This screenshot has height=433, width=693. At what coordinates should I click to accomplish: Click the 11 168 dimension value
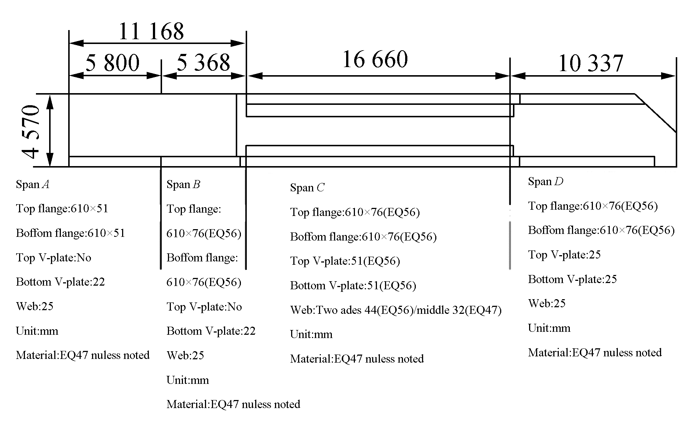point(151,32)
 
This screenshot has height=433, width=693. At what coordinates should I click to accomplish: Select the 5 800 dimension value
point(113,63)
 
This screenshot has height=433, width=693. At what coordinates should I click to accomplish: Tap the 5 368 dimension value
point(203,63)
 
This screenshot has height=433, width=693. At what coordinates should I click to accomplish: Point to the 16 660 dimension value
point(375,59)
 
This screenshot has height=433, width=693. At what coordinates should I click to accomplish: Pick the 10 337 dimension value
point(590,63)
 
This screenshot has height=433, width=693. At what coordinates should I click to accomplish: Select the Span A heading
point(33,184)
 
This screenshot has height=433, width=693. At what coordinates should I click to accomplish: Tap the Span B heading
point(183,184)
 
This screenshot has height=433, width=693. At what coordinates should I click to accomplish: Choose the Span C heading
point(307,188)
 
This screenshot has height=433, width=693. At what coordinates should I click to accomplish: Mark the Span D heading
point(546,181)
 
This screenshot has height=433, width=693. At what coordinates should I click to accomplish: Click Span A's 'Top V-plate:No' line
point(54,258)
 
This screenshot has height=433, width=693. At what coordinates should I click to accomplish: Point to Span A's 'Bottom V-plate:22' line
point(60,282)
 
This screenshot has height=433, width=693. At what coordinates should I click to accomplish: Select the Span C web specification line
point(396,310)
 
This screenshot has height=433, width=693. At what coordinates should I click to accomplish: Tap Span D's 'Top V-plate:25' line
point(564,255)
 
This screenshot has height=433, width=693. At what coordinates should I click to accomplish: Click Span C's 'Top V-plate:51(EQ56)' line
point(345,261)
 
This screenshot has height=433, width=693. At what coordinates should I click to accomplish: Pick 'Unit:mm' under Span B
point(188,380)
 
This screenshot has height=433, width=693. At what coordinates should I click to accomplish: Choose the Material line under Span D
point(595,353)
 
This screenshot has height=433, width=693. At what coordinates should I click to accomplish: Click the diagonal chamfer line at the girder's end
point(656,113)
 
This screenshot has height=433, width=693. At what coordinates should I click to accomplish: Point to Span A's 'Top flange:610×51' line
point(62,209)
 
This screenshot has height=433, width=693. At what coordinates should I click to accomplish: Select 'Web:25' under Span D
point(547,304)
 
